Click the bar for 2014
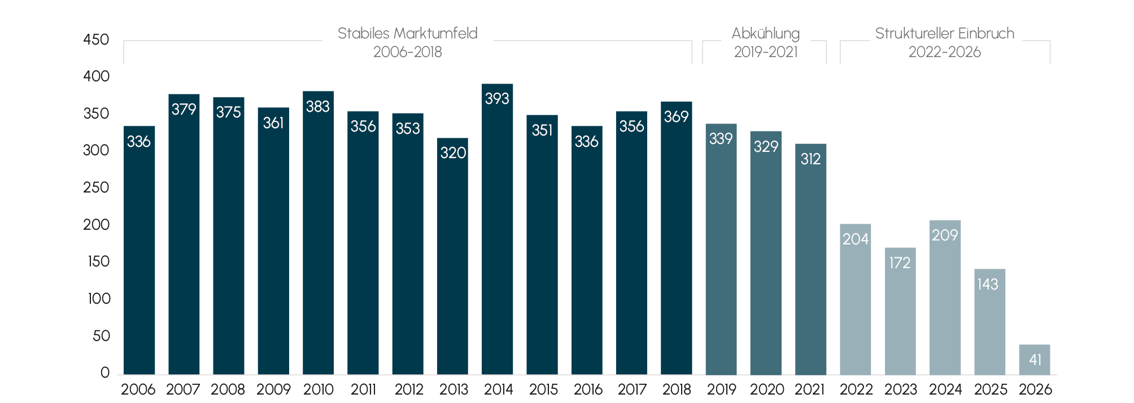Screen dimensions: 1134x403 pyautogui.click(x=497, y=229)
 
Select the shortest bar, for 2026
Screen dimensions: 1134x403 pyautogui.click(x=1035, y=360)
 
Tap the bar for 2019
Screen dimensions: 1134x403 pyautogui.click(x=721, y=249)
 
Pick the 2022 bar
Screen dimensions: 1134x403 pyautogui.click(x=856, y=299)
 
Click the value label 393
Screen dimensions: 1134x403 pyautogui.click(x=497, y=99)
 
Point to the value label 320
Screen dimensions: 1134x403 pyautogui.click(x=453, y=153)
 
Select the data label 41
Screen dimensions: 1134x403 pyautogui.click(x=1035, y=360)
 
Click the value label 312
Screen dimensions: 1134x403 pyautogui.click(x=810, y=159)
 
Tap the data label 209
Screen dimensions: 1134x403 pyautogui.click(x=945, y=235)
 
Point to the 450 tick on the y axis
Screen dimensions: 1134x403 pyautogui.click(x=96, y=40)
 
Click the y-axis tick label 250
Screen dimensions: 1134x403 pyautogui.click(x=96, y=187)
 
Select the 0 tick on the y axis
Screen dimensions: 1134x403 pyautogui.click(x=105, y=373)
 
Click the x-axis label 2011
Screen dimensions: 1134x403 pyautogui.click(x=363, y=389)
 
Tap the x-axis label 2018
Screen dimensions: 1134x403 pyautogui.click(x=677, y=389)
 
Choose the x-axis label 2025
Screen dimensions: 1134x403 pyautogui.click(x=991, y=389)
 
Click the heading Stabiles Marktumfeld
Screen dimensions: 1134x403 pyautogui.click(x=408, y=33)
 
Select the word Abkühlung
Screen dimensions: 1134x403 pyautogui.click(x=766, y=34)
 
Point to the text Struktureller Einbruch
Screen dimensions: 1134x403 pyautogui.click(x=945, y=33)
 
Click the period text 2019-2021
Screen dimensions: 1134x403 pyautogui.click(x=766, y=52)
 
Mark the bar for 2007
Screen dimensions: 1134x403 pyautogui.click(x=184, y=234)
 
